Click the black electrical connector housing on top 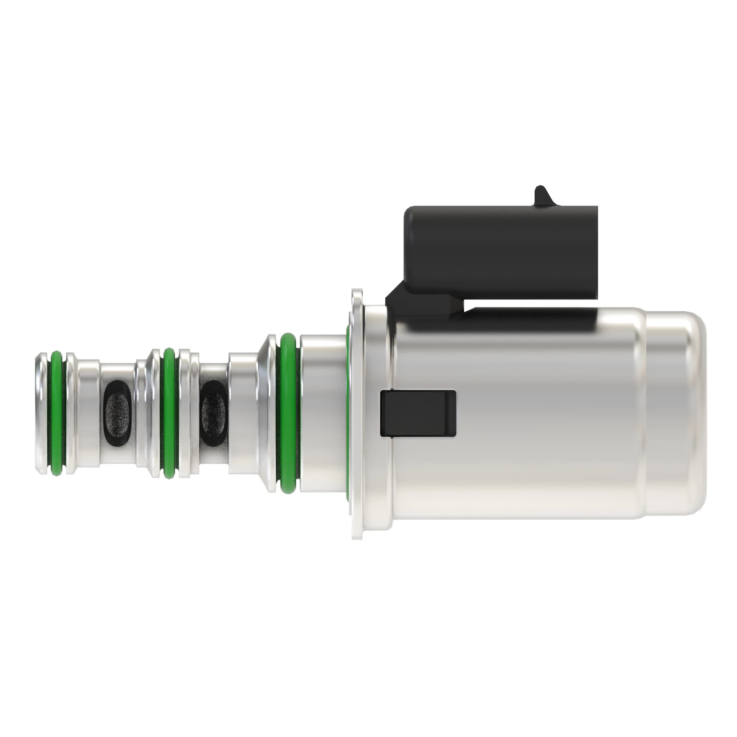(500, 252)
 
